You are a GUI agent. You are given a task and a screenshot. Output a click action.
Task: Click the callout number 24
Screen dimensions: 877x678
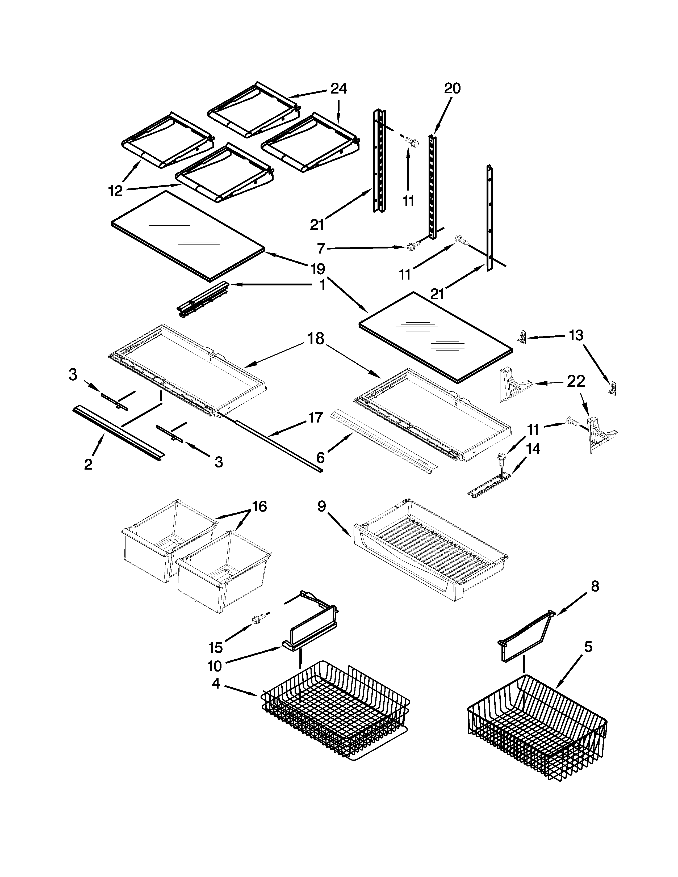(338, 88)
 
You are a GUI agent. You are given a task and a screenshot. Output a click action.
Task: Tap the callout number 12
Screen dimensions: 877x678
(115, 191)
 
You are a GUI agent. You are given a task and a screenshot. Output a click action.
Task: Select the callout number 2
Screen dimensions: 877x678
(88, 464)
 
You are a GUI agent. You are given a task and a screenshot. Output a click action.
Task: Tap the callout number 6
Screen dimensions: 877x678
(320, 457)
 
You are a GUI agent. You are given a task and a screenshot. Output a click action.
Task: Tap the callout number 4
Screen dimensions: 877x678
(216, 684)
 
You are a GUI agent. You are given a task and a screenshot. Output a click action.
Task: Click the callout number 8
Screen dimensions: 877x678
(595, 586)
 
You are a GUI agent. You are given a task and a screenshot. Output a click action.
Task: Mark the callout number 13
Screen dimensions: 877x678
(576, 335)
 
